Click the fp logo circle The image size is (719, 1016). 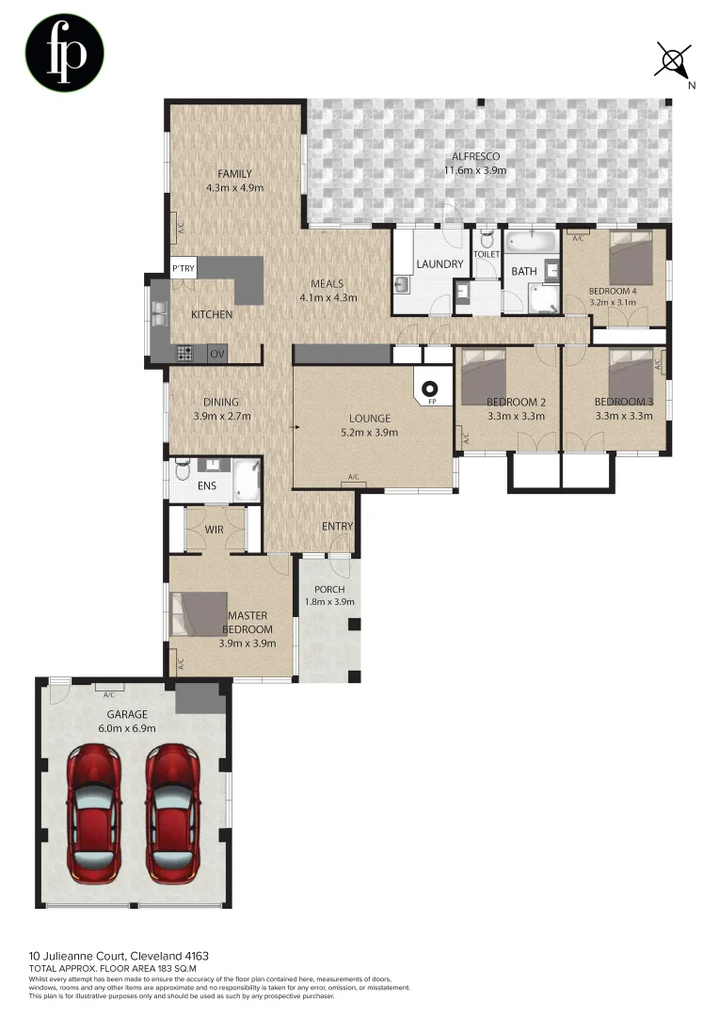pyautogui.click(x=64, y=54)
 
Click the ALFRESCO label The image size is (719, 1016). pyautogui.click(x=475, y=156)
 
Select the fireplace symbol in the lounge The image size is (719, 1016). pyautogui.click(x=432, y=387)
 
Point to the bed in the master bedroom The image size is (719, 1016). pyautogui.click(x=199, y=613)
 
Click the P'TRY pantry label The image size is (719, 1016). pyautogui.click(x=183, y=270)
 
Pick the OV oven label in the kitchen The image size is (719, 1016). pyautogui.click(x=216, y=355)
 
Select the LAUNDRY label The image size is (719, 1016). pyautogui.click(x=439, y=264)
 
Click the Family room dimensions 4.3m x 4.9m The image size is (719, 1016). pyautogui.click(x=234, y=187)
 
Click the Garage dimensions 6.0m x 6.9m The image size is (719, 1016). pyautogui.click(x=127, y=727)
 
